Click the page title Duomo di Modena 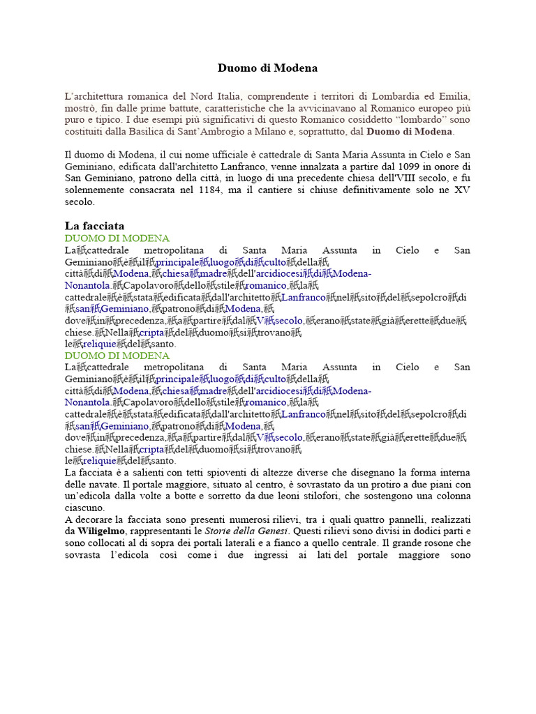(267, 68)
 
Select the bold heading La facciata (94, 226)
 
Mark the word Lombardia (385, 96)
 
